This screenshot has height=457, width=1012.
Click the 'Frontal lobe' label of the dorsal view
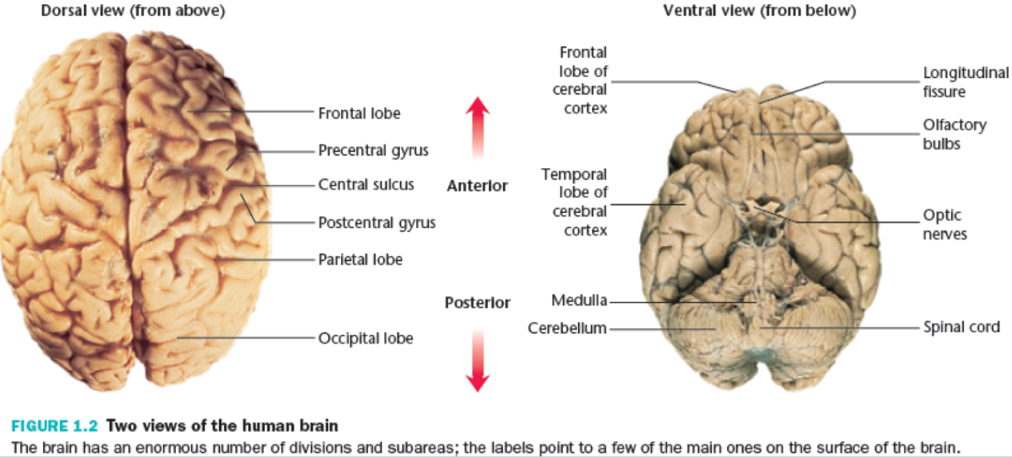[359, 113]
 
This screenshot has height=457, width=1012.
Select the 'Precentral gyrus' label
[373, 151]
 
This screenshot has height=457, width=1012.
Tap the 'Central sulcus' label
[366, 184]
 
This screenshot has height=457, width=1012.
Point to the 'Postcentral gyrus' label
[377, 222]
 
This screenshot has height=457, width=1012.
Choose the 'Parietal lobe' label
[360, 259]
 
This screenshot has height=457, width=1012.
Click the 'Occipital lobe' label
[365, 338]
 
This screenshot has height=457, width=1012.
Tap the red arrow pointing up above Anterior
[477, 128]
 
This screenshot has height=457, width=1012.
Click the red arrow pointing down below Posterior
[477, 360]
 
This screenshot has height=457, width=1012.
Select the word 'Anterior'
[477, 186]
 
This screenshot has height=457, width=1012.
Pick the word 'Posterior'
[477, 302]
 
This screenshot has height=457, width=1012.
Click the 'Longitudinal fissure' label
[965, 82]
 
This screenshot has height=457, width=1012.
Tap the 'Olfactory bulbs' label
[955, 134]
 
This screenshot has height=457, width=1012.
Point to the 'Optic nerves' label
[945, 225]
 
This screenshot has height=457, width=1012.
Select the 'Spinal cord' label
[962, 326]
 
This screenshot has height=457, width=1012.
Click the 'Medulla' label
[579, 300]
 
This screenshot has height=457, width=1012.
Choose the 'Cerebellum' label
[567, 328]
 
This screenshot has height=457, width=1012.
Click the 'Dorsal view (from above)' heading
[133, 10]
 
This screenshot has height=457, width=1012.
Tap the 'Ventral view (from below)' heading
[759, 10]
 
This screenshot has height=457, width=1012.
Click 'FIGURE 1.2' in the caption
[55, 426]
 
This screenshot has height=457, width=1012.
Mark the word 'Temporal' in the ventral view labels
[573, 174]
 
